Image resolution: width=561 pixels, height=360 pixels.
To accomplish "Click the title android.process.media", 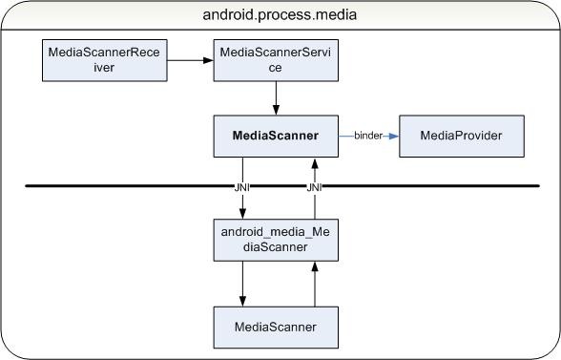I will [280, 15].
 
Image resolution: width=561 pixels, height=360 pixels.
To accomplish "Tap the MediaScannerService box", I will [276, 61].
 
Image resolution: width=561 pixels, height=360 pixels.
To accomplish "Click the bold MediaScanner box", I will [276, 136].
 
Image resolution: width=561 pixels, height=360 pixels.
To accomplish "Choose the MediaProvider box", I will [462, 136].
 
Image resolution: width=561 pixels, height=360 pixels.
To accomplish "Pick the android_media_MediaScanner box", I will [276, 239].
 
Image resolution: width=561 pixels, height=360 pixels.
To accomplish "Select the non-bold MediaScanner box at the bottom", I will [276, 328].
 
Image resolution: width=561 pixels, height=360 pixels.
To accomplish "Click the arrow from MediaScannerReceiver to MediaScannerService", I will [191, 61].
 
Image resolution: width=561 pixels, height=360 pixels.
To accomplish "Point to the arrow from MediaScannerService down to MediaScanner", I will [276, 97].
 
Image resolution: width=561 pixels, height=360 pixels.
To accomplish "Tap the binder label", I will [368, 136].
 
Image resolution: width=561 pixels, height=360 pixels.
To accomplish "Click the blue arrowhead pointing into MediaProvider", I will [392, 136].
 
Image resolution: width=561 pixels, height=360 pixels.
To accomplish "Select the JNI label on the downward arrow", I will [242, 188].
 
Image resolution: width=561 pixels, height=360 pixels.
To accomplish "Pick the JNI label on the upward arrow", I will [314, 188].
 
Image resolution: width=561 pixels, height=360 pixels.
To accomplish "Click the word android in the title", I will [229, 15].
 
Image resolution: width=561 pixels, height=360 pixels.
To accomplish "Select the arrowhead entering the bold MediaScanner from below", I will [314, 161].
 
